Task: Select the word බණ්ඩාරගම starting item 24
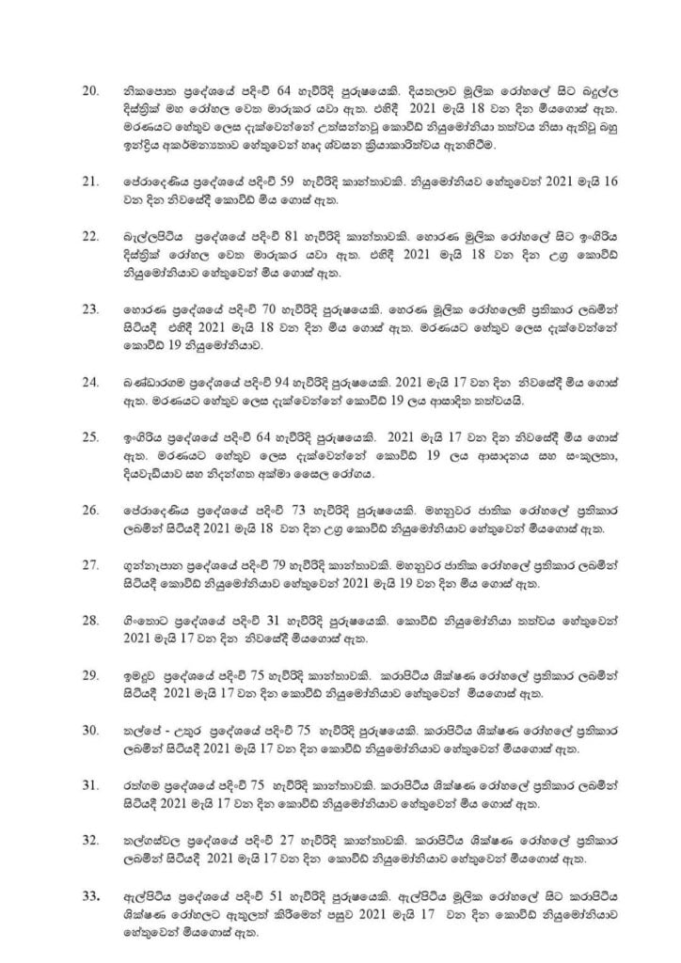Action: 146,382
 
